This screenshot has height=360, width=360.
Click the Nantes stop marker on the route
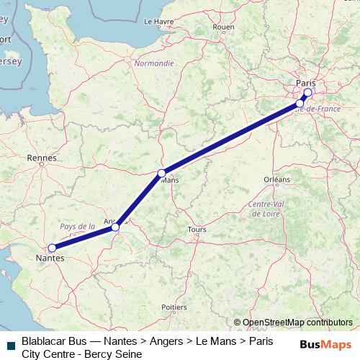click(x=52, y=248)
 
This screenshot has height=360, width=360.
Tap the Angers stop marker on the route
click(x=115, y=228)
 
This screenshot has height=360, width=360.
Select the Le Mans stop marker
click(x=162, y=173)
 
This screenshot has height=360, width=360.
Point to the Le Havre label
click(x=159, y=22)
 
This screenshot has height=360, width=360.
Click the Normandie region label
click(x=154, y=63)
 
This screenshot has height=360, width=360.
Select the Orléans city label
click(x=276, y=179)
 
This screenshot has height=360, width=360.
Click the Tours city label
click(x=197, y=230)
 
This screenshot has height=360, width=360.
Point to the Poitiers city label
click(x=174, y=307)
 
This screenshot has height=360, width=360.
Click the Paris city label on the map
click(x=306, y=84)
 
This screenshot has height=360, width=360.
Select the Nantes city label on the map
click(x=49, y=257)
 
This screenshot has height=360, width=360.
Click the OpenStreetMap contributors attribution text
click(x=293, y=323)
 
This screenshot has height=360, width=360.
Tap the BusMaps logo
click(x=326, y=345)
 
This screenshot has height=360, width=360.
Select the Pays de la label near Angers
click(x=78, y=225)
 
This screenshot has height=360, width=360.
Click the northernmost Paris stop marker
click(x=308, y=93)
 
